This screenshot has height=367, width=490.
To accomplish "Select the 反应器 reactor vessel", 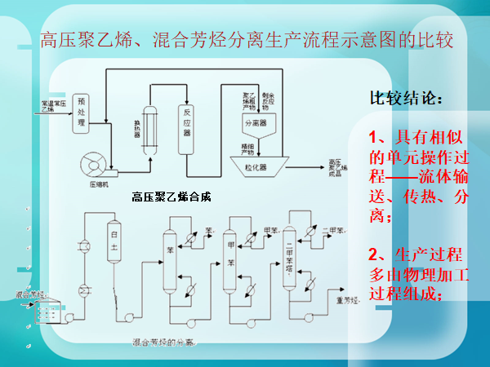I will tap(188, 122).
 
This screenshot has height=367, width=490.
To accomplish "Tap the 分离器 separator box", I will tap(256, 123).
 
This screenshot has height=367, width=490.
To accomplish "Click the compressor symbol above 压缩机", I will tap(92, 164).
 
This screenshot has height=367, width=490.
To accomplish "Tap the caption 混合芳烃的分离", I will tap(163, 343).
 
